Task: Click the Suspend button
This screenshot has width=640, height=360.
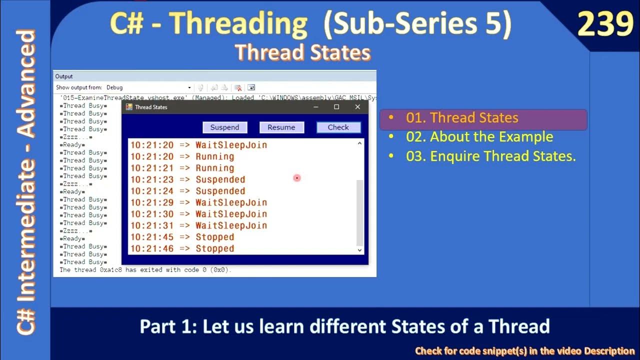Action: click(x=224, y=127)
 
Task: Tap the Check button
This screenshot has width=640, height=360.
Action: click(x=338, y=127)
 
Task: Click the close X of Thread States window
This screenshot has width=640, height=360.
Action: click(x=357, y=107)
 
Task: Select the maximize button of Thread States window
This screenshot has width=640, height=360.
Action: click(x=336, y=107)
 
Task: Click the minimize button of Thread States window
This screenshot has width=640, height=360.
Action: click(x=315, y=107)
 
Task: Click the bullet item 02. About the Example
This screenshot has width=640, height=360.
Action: click(x=479, y=137)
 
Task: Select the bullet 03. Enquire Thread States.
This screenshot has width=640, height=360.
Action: click(x=490, y=156)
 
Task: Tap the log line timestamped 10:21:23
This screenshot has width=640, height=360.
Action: click(x=188, y=179)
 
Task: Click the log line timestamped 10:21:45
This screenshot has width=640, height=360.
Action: click(x=182, y=237)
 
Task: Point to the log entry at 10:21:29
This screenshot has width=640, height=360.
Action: click(x=199, y=202)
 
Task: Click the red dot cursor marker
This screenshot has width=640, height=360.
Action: click(x=297, y=178)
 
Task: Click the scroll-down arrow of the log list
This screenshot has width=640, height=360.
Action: click(x=359, y=249)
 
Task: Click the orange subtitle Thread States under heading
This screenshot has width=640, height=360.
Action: click(x=303, y=52)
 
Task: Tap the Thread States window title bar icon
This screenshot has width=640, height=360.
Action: click(x=129, y=107)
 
